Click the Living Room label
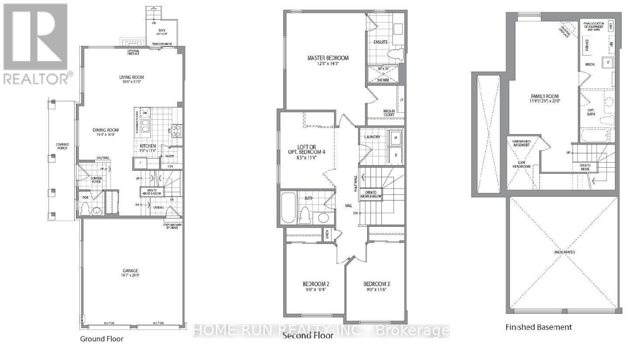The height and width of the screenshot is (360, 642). point(131,77)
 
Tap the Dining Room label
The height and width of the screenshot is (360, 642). point(105,130)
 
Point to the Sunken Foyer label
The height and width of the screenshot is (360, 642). point(96,179)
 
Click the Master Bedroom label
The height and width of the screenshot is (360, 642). point(328,58)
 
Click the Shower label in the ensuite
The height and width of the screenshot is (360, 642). point(383,80)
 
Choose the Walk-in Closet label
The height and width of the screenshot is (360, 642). point(389,113)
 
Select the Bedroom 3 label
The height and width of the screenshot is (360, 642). point(376,284)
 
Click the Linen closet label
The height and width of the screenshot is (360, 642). point(327,235)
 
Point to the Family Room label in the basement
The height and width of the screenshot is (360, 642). point(545,97)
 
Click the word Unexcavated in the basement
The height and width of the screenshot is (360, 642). point(564,252)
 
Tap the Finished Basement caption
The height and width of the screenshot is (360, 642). point(538,327)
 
